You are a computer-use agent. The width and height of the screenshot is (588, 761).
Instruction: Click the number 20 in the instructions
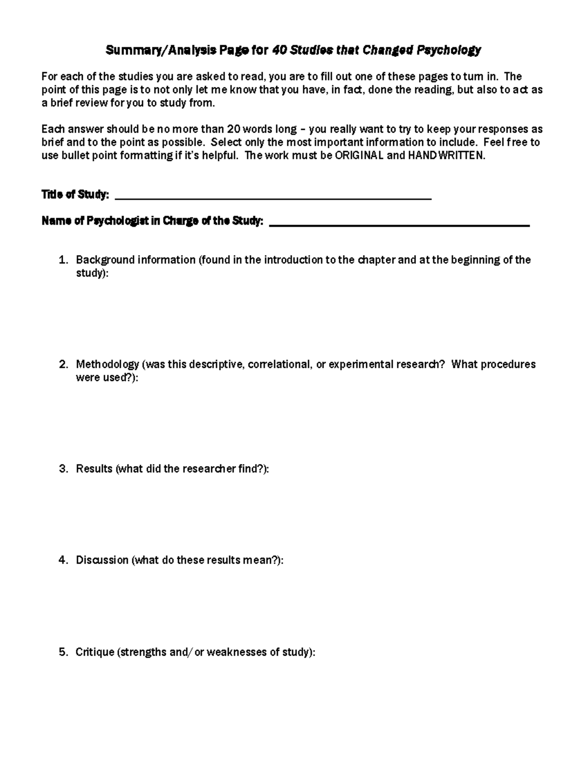[x=233, y=129]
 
